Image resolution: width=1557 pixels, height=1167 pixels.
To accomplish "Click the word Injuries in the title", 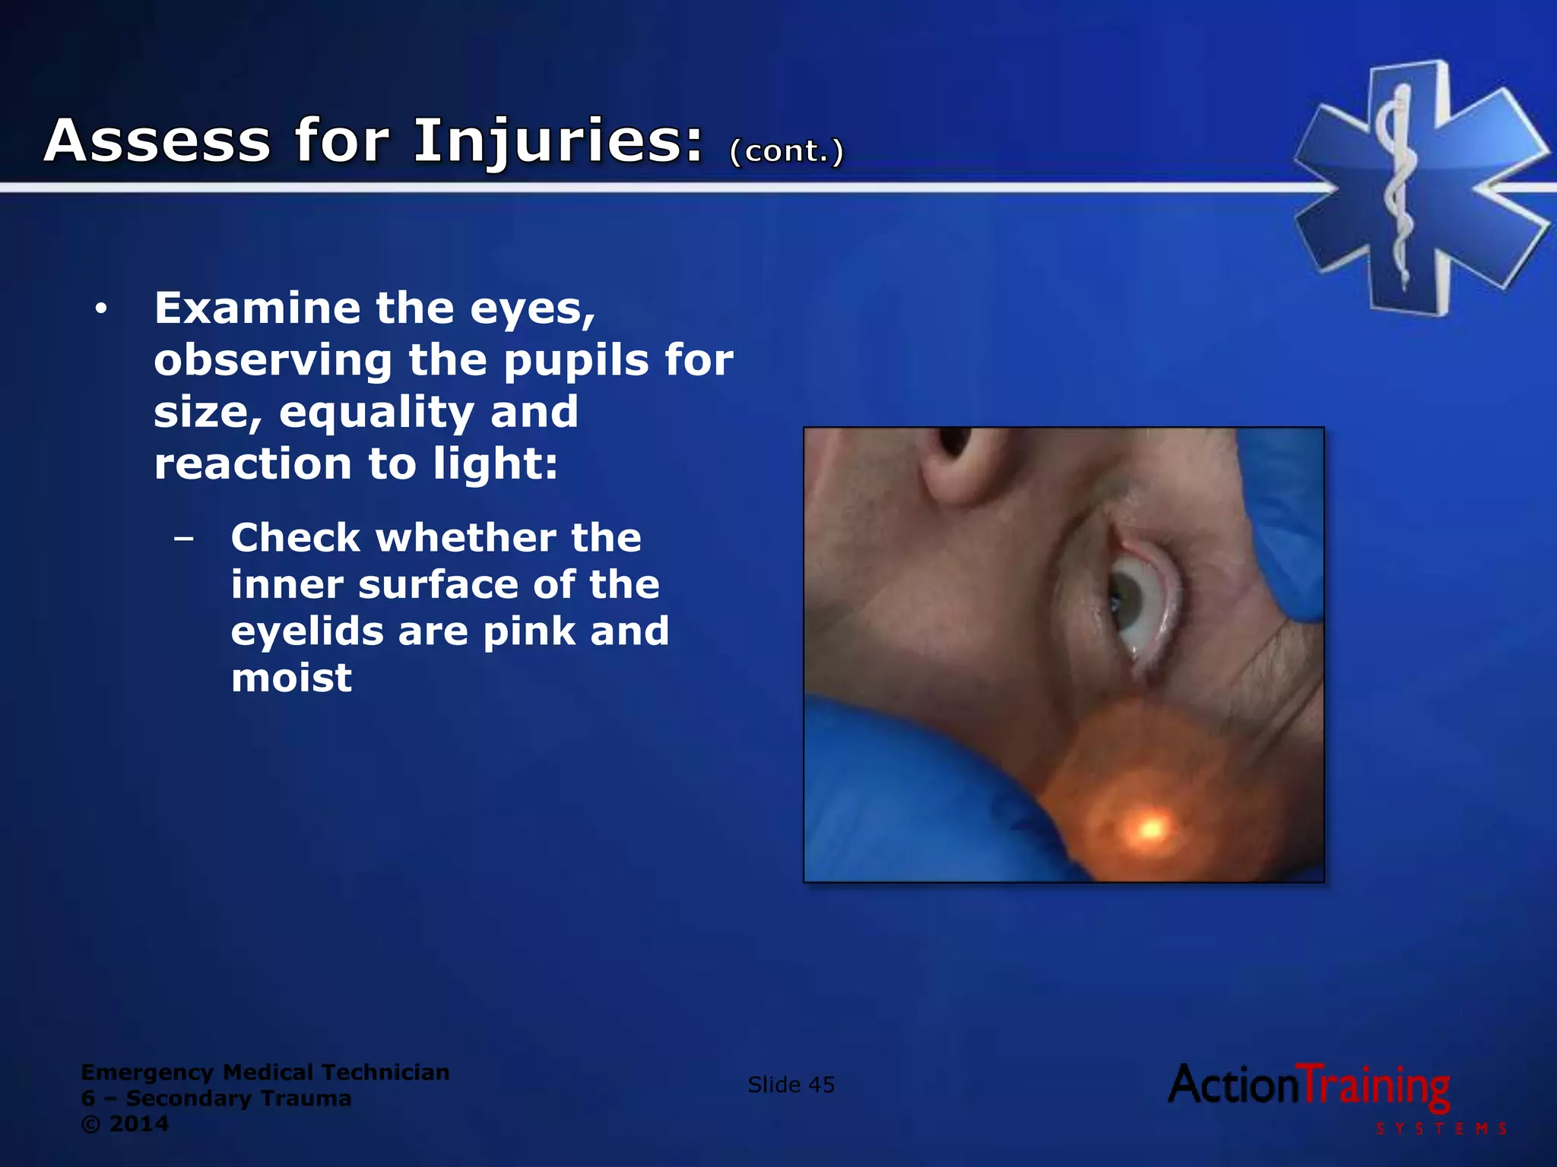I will click(559, 142).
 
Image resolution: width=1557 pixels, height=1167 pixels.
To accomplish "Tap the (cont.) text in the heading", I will click(787, 151).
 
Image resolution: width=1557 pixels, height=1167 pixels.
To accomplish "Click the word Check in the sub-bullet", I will click(296, 538).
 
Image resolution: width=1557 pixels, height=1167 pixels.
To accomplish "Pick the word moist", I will click(291, 678).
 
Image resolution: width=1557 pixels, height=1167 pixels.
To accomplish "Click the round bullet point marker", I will click(101, 309).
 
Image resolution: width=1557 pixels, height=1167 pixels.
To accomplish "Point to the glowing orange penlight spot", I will click(1150, 827).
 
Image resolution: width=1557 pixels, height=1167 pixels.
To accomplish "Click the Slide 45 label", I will click(791, 1085).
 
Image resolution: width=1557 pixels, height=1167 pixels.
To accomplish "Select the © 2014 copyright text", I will click(125, 1124).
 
